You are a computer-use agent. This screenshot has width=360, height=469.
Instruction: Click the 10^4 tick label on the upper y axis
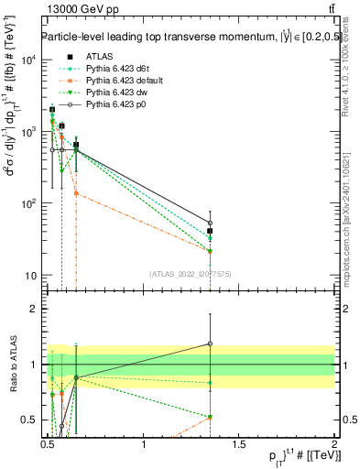(27, 60)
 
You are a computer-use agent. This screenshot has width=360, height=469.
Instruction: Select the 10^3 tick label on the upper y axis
(27, 132)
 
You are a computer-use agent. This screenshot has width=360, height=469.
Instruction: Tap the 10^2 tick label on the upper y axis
(27, 203)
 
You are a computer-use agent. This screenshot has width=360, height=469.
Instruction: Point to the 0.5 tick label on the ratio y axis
(30, 420)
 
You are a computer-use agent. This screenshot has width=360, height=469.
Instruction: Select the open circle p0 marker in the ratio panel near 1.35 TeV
(210, 344)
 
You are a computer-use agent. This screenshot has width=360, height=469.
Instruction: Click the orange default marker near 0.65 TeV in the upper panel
(76, 193)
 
